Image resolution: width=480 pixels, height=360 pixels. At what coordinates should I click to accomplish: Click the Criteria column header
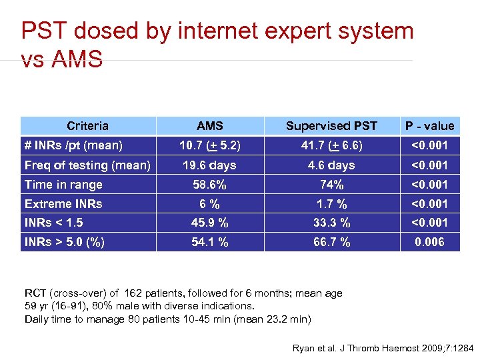click(87, 126)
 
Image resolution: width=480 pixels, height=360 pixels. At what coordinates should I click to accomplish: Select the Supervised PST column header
click(331, 126)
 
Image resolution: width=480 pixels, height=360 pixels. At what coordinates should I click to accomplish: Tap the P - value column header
click(430, 126)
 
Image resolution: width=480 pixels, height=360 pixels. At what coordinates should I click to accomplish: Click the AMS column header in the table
click(210, 126)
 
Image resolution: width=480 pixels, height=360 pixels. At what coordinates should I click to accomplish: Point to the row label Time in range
click(63, 185)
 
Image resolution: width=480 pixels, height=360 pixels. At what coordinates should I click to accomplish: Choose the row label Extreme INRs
click(63, 204)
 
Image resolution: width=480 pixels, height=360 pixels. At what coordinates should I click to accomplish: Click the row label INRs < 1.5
click(53, 223)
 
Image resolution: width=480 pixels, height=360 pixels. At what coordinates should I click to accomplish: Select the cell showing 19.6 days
click(210, 165)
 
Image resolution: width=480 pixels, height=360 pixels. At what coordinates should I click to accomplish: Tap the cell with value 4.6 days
click(331, 165)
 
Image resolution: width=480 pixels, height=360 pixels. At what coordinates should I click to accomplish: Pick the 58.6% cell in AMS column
click(210, 185)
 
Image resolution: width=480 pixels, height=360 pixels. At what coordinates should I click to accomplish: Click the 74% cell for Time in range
click(331, 185)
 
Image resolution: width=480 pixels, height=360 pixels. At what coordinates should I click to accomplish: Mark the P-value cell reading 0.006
click(430, 242)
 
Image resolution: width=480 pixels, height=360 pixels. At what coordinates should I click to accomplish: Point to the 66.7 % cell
click(331, 242)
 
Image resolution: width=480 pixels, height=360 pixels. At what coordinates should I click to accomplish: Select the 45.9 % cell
click(210, 223)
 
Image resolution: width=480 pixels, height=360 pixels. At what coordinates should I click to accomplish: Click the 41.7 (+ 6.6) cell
click(331, 145)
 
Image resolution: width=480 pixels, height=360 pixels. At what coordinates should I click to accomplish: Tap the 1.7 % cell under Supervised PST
click(331, 204)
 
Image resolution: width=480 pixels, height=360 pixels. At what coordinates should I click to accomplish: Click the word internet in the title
click(219, 31)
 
